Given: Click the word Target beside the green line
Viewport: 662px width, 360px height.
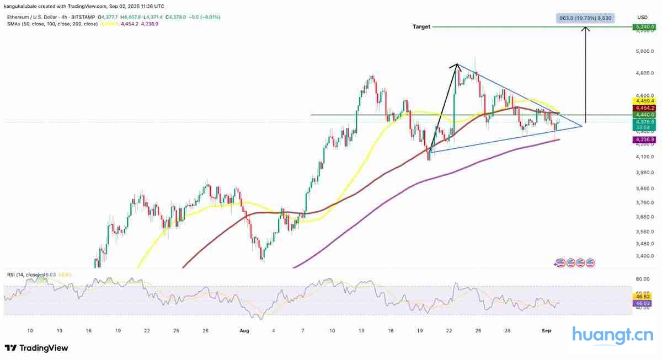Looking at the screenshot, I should tap(421, 26).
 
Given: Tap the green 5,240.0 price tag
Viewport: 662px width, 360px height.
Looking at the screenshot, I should tap(644, 26).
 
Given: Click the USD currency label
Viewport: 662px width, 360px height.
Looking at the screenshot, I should tap(642, 17).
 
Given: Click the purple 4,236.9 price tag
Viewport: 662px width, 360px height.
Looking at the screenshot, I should tap(644, 140).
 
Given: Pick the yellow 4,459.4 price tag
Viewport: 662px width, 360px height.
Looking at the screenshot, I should tap(644, 101).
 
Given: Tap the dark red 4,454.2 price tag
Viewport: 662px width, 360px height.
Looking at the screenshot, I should tap(644, 108).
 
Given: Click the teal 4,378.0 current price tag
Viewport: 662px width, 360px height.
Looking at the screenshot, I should tap(644, 122).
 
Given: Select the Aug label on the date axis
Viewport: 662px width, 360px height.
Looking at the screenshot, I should tap(245, 330).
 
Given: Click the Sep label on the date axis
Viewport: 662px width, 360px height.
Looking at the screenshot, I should tap(547, 330).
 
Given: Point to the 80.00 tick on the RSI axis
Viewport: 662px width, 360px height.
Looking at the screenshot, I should tap(642, 280).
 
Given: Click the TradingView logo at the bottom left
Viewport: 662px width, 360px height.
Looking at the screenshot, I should tap(36, 348).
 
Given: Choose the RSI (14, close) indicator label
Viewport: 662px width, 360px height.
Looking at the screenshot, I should tap(23, 274).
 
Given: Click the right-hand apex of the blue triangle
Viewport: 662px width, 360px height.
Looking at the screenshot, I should tap(583, 126).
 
